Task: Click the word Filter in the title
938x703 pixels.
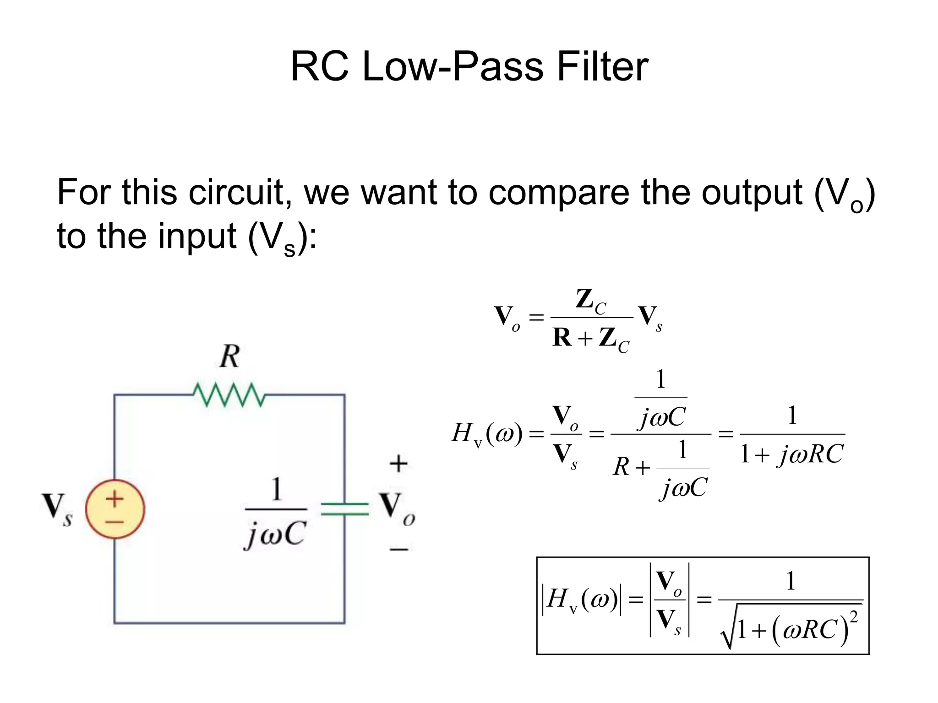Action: point(602,67)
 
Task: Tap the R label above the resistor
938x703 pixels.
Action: point(229,357)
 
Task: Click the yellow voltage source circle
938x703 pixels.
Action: point(115,509)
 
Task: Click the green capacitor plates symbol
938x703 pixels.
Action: point(344,509)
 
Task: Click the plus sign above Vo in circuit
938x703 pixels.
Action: point(398,464)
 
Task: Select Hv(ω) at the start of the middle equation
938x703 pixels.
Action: point(487,433)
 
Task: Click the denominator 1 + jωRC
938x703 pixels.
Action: point(792,454)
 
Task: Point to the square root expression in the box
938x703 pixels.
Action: point(791,628)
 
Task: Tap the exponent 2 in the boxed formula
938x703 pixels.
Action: point(854,618)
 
